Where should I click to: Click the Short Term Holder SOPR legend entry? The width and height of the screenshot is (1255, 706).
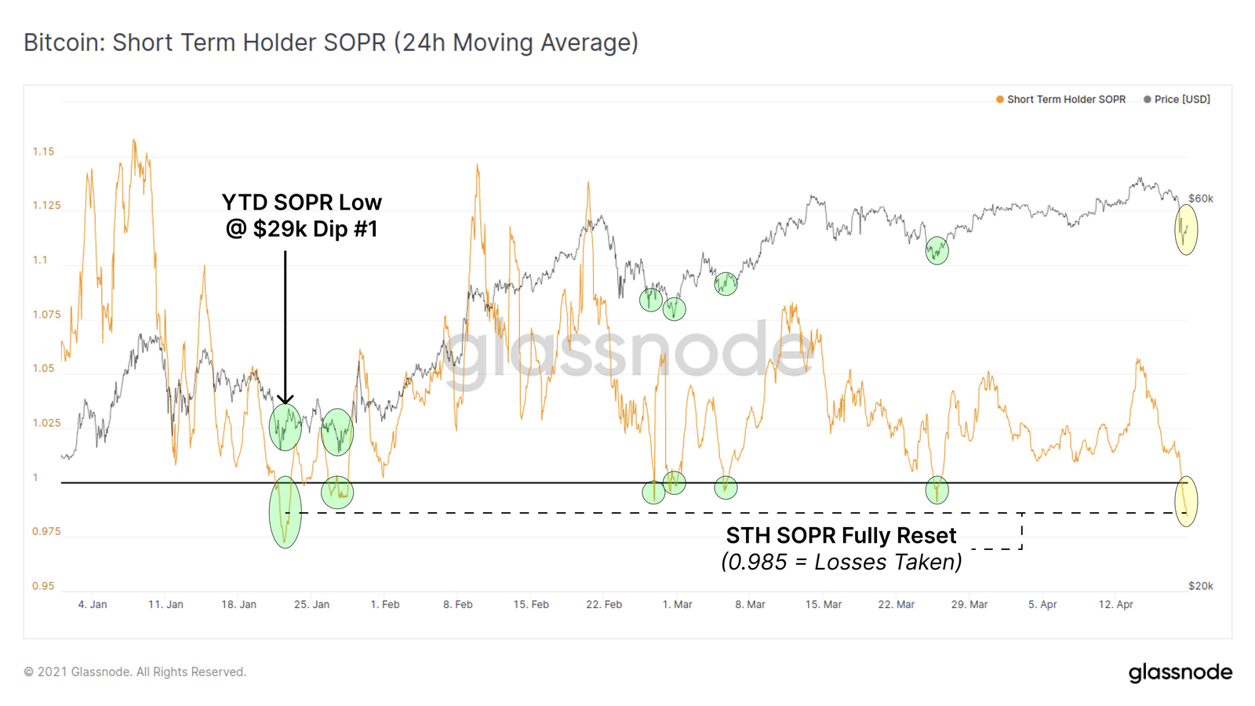tap(1065, 100)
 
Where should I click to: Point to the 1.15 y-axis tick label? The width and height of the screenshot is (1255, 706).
tap(44, 151)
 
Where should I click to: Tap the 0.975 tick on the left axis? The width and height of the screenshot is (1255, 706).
tap(46, 531)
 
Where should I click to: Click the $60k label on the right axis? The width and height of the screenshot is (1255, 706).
tap(1200, 198)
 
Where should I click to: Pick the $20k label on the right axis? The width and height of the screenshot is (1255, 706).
tap(1200, 586)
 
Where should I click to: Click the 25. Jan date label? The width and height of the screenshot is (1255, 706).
tap(311, 605)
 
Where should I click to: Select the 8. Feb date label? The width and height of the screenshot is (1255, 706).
tap(458, 605)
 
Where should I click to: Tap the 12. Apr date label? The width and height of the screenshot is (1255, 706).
tap(1115, 605)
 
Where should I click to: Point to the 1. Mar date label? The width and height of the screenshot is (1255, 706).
tap(677, 605)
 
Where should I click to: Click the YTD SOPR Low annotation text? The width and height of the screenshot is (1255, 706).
tap(302, 202)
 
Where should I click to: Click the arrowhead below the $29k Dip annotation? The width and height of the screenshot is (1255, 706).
tap(286, 399)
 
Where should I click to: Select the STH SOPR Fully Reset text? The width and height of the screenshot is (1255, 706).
tap(841, 536)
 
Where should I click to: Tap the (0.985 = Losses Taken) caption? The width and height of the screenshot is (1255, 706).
tap(841, 562)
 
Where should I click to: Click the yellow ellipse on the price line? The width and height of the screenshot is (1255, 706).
tap(1186, 230)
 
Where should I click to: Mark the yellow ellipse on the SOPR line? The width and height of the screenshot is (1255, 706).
tap(1186, 501)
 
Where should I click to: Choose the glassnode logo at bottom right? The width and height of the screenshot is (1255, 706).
tap(1180, 672)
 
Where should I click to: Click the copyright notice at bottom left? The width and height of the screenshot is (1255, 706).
tap(135, 672)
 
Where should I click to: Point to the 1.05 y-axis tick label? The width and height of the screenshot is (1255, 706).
tap(44, 369)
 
